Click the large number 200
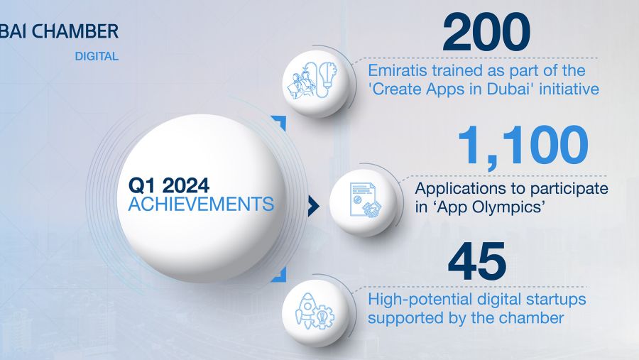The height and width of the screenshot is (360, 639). [x=486, y=32]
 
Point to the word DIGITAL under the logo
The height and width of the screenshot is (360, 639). [x=97, y=56]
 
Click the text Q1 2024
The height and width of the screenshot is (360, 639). [x=169, y=185]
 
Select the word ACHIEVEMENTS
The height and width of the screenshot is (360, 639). [x=201, y=204]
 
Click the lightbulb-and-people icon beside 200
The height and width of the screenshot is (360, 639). [x=315, y=81]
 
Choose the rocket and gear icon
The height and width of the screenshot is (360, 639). [x=315, y=312]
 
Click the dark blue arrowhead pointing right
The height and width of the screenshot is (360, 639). [x=313, y=205]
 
